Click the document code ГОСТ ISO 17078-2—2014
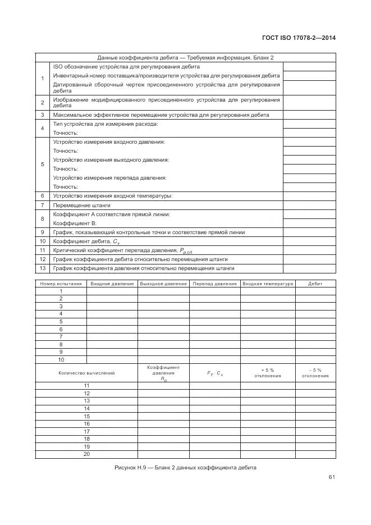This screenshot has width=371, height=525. point(299,38)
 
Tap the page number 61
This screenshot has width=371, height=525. point(332,478)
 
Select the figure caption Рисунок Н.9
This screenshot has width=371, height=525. point(185,467)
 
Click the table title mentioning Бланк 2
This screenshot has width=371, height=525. point(185,57)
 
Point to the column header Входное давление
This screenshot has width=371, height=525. point(112,284)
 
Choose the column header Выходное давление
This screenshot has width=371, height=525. point(163,284)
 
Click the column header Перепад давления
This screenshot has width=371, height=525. point(214,284)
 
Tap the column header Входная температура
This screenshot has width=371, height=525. point(268,284)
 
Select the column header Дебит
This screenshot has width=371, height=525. point(315,284)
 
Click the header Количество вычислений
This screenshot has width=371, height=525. point(86,373)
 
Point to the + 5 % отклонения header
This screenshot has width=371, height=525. point(268,373)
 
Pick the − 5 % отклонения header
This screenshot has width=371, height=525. point(315,373)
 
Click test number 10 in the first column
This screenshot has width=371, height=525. point(61,359)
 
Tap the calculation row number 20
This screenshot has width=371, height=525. point(87,454)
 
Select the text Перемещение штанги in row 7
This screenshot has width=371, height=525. point(78,205)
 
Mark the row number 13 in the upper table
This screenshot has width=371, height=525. point(42,268)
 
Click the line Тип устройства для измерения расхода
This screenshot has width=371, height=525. point(106,124)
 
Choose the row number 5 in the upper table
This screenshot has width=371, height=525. point(42,165)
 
